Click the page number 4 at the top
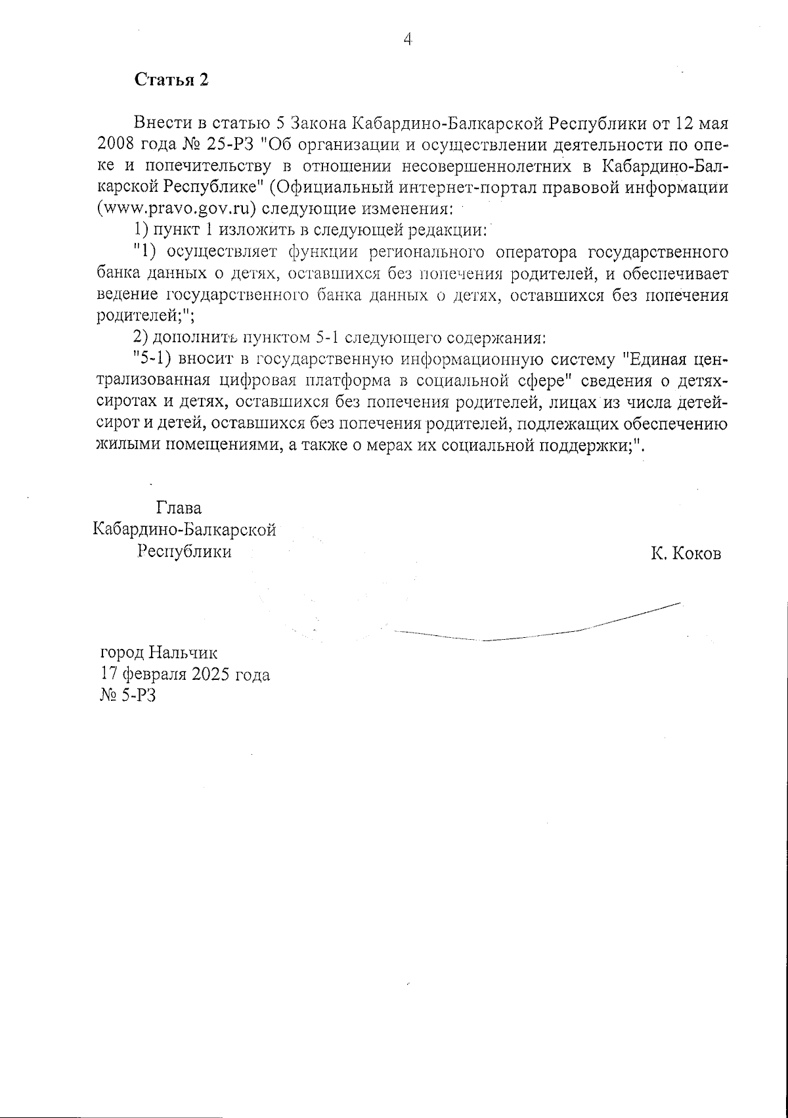click(x=407, y=39)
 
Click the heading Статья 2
click(x=171, y=79)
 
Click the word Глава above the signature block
click(x=179, y=508)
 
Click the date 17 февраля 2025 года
click(x=185, y=675)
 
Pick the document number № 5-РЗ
click(x=127, y=696)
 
